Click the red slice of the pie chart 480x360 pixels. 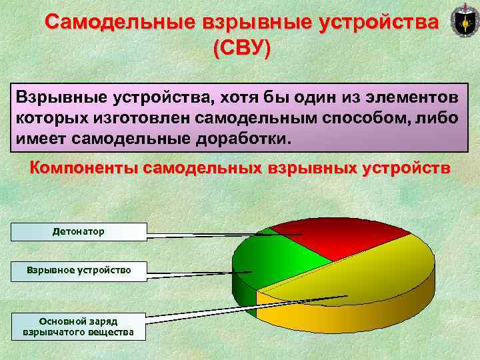pos(333,237)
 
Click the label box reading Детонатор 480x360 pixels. pos(79,231)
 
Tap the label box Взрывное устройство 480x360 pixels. pos(79,271)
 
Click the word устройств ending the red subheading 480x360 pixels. pos(407,167)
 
